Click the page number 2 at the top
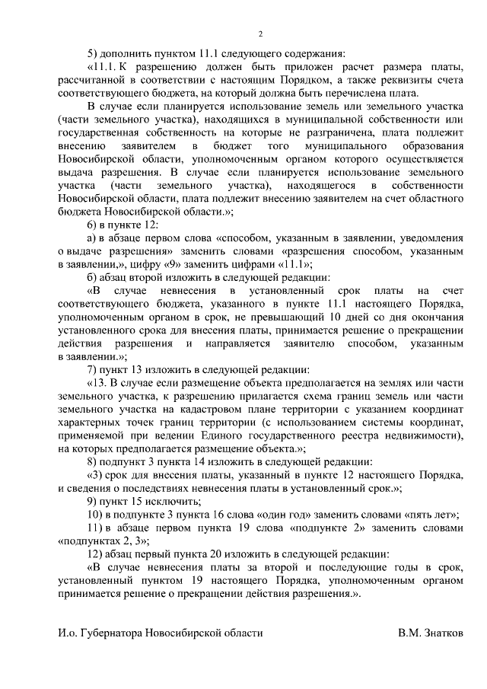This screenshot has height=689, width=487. [x=260, y=34]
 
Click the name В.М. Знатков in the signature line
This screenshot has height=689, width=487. [x=430, y=633]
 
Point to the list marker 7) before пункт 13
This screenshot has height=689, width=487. [x=94, y=368]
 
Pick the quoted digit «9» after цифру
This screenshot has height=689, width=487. [x=196, y=263]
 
